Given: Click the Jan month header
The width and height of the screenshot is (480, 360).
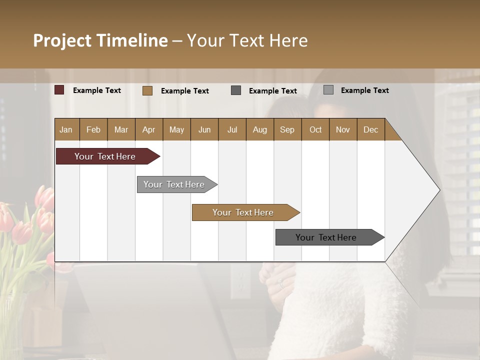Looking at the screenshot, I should coord(66,129).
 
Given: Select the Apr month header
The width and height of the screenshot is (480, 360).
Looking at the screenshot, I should coord(149,129).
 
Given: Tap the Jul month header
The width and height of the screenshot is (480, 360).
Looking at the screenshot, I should coord(232,129).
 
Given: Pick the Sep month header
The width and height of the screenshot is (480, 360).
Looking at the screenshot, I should coord(287,129).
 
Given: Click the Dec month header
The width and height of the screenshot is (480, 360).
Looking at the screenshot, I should coord(370,129).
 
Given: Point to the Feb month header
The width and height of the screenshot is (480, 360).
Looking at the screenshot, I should coord(93,129).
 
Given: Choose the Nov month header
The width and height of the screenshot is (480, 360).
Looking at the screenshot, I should coord(343,129).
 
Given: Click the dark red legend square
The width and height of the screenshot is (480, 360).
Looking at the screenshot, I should coord(59,90).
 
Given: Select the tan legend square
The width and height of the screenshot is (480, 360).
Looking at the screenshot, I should coord(147,90).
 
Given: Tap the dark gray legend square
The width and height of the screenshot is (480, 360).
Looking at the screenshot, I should coord(236,90).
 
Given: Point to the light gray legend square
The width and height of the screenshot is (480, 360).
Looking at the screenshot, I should coord(328,90).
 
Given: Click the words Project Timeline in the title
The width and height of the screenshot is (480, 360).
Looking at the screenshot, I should coord(100,40).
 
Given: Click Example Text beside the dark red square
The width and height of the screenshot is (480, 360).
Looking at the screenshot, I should coord(97,90).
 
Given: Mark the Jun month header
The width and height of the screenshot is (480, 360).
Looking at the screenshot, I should coord(204,129).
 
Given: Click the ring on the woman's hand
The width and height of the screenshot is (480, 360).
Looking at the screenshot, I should coord(281,284).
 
